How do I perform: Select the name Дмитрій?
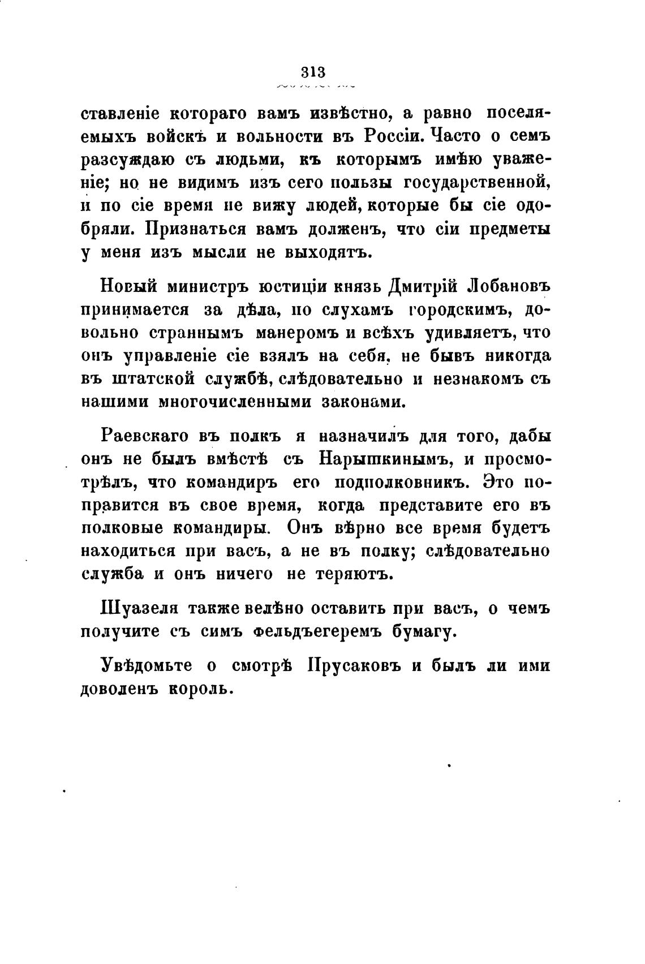click(x=425, y=287)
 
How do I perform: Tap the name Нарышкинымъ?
click(x=388, y=459)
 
